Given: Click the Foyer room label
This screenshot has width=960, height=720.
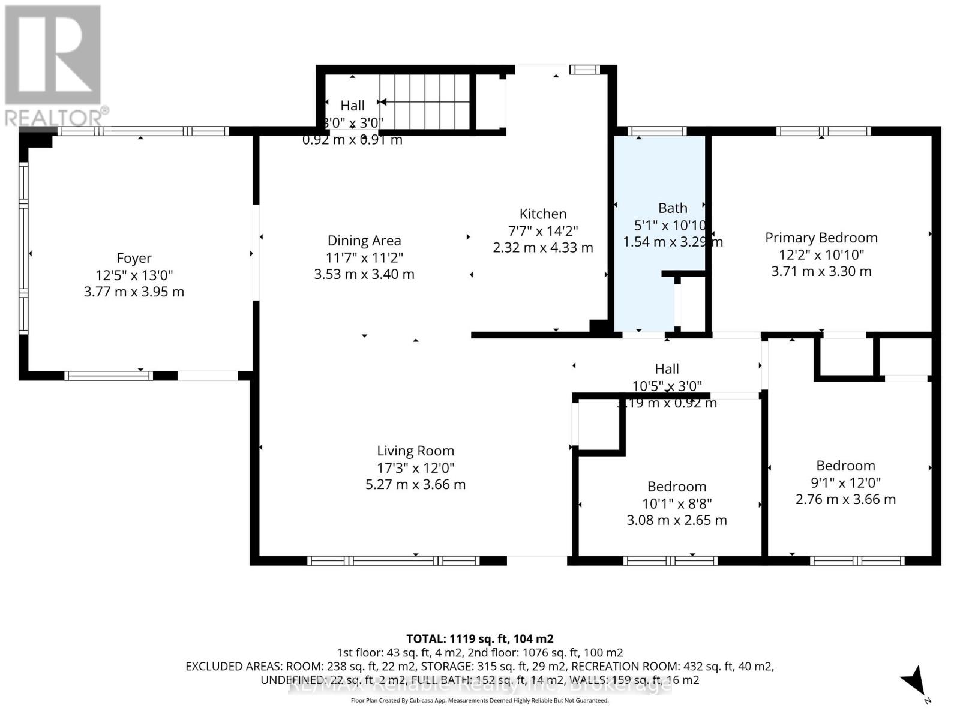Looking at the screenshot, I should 134,258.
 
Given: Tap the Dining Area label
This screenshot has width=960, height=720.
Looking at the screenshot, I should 364,241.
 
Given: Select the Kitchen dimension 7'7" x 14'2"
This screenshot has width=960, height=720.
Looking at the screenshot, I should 543,231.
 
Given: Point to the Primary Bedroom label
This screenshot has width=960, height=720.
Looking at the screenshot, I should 821,238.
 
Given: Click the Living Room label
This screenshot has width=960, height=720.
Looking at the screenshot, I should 415,451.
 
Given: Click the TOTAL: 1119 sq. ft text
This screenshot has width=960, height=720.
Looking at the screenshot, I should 479,639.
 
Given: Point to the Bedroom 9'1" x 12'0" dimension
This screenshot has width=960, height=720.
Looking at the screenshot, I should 845,482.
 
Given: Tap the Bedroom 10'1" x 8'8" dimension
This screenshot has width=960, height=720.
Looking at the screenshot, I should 676,503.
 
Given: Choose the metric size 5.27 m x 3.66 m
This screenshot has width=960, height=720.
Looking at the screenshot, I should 415,484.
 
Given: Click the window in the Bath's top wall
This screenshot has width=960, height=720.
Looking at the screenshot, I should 657,131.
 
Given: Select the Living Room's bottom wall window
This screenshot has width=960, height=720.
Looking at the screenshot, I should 394,561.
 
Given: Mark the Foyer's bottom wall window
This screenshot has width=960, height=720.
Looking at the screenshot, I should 109,376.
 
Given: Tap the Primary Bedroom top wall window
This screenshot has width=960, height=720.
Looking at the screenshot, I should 823,131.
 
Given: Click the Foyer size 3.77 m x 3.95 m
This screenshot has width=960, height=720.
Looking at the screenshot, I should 134,292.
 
